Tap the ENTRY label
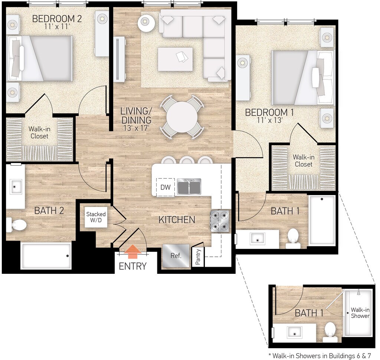pyautogui.click(x=132, y=266)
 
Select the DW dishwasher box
pyautogui.click(x=165, y=187)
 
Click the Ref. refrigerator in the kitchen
pyautogui.click(x=176, y=256)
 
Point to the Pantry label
pyautogui.click(x=198, y=257)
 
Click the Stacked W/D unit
pyautogui.click(x=96, y=217)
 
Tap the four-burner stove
pyautogui.click(x=220, y=221)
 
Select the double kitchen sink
pyautogui.click(x=189, y=187)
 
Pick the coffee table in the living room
pyautogui.click(x=175, y=59)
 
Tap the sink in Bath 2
pyautogui.click(x=15, y=187)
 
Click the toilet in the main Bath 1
pyautogui.click(x=293, y=238)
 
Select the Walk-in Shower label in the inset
pyautogui.click(x=360, y=313)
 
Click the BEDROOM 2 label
pyautogui.click(x=57, y=19)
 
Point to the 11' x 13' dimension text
pyautogui.click(x=270, y=120)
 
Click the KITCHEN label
pyautogui.click(x=177, y=220)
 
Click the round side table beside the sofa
pyautogui.click(x=146, y=23)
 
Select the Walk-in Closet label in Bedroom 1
pyautogui.click(x=304, y=160)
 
